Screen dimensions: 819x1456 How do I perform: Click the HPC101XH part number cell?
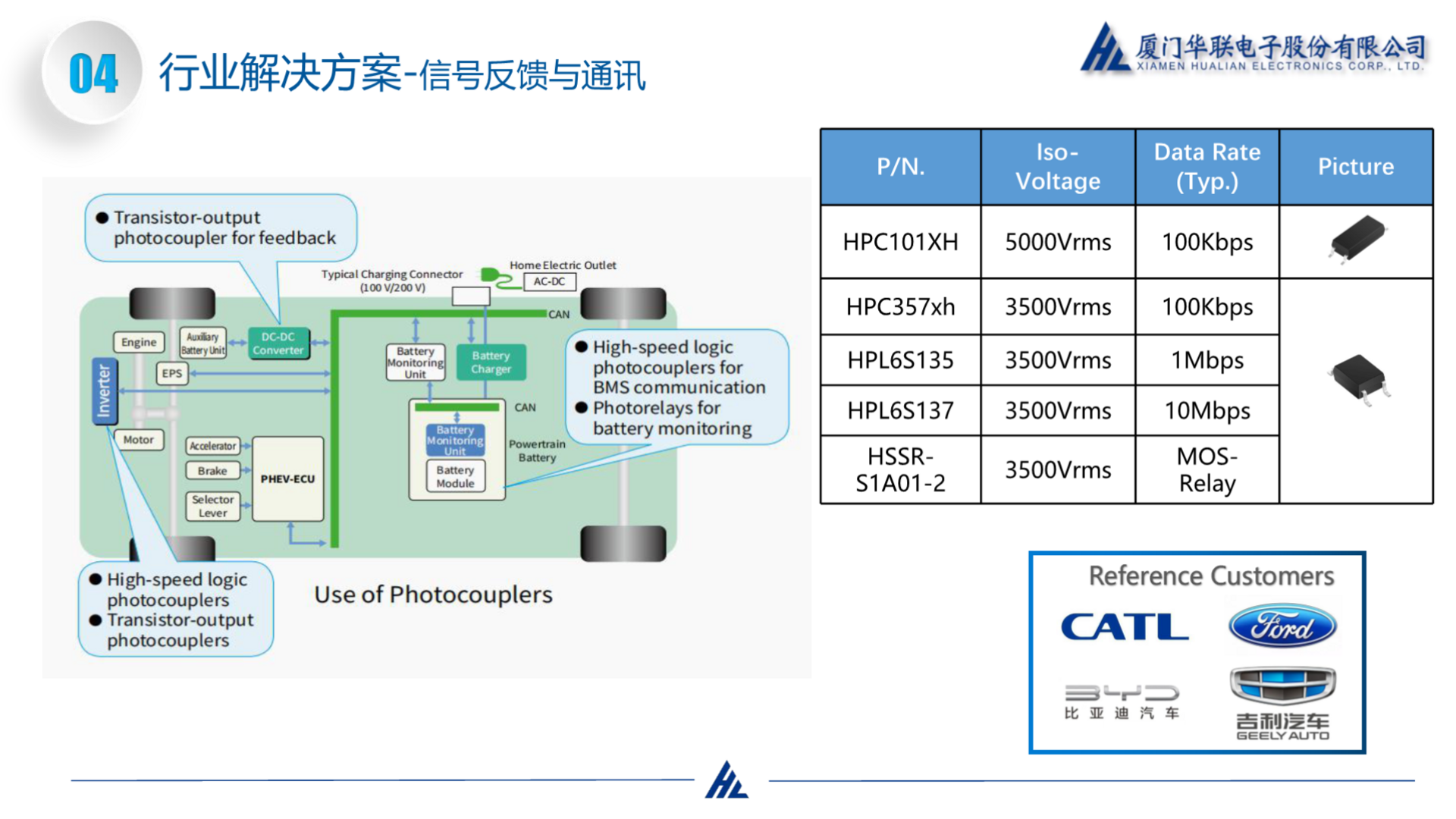pos(900,242)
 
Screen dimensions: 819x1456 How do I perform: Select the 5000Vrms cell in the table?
pos(1058,242)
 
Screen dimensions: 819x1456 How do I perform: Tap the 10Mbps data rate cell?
pos(1207,410)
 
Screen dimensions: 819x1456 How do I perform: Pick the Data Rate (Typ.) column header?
pos(1207,167)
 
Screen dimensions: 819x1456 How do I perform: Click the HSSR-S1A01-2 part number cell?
pos(900,469)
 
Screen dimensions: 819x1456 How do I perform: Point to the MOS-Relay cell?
pos(1207,469)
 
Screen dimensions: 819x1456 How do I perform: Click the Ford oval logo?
pos(1282,626)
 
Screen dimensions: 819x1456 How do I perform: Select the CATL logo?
pos(1125,627)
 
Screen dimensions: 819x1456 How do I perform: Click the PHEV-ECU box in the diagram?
pos(287,479)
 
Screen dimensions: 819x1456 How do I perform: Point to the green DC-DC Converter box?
pos(278,344)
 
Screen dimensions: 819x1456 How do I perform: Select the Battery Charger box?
pos(491,362)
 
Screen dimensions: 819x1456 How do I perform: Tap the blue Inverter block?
pos(103,391)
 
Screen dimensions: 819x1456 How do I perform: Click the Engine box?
pos(139,342)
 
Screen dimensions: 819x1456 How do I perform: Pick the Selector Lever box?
pos(213,506)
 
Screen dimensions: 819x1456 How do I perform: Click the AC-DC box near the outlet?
pos(549,281)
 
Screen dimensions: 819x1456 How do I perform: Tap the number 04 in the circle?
pos(93,74)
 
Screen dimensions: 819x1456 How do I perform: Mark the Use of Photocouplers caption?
pos(433,595)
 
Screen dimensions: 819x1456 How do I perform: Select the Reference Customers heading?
pos(1211,576)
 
